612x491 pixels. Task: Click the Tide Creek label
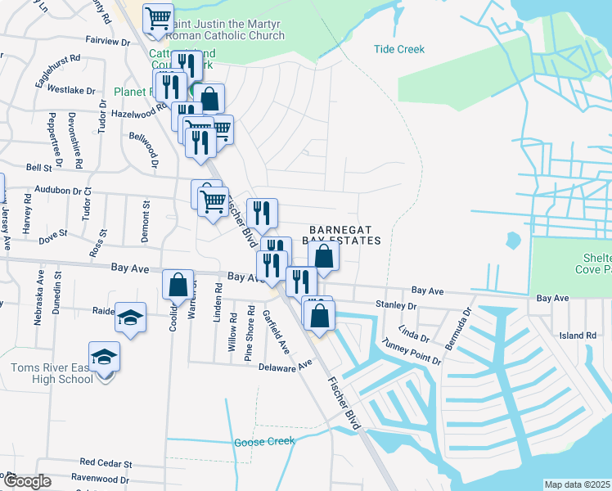point(399,49)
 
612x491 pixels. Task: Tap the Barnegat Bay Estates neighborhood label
point(344,235)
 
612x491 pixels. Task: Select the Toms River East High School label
point(53,373)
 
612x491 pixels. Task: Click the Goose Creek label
point(263,442)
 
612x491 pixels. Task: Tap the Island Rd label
point(578,336)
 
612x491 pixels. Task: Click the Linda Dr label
point(413,334)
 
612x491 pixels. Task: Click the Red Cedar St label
point(106,462)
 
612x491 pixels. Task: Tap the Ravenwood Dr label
point(100,478)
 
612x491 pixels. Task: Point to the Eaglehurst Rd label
point(59,59)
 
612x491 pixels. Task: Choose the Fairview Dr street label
point(108,39)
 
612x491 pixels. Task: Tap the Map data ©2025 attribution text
point(577,484)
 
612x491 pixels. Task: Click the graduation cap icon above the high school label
point(105,358)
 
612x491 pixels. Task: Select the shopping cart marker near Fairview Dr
point(159,18)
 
